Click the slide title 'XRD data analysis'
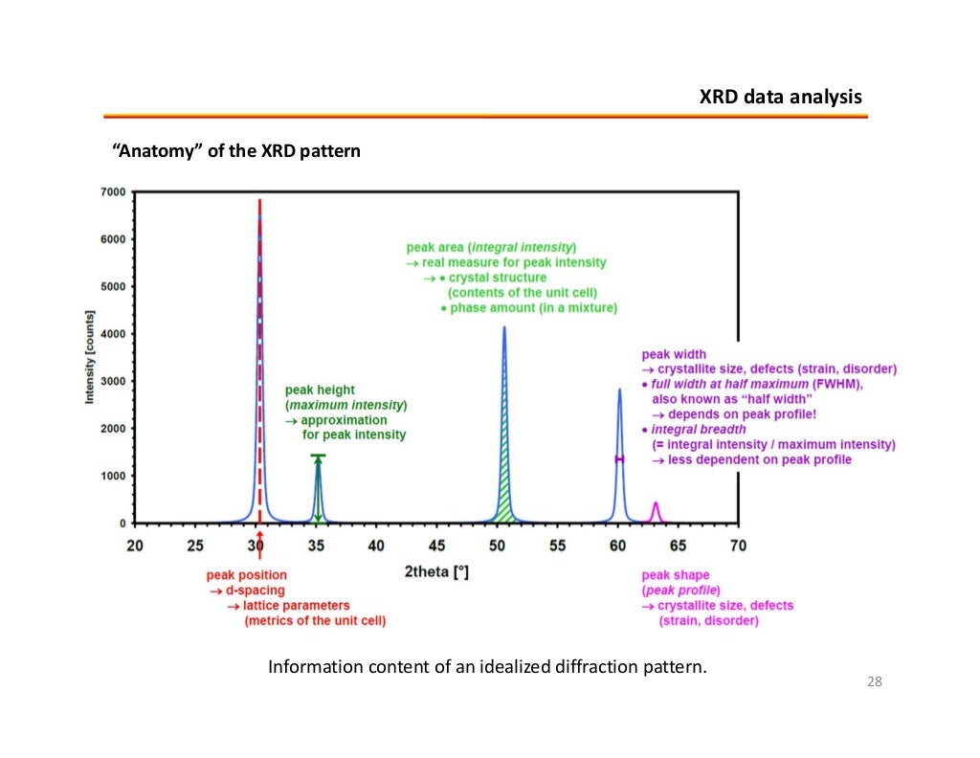pos(780,98)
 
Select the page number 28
pos(873,681)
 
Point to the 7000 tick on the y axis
pos(113,192)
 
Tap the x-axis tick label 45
pos(436,545)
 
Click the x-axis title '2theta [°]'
pos(436,572)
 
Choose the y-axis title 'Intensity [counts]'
pos(90,356)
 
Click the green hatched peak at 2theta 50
pos(504,498)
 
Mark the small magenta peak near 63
pos(656,512)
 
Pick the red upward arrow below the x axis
pos(259,548)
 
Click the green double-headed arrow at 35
pos(319,489)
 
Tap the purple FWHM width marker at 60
pos(619,459)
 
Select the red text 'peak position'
pos(246,575)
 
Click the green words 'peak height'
pos(320,390)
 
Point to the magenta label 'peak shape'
pos(675,575)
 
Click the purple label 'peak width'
pos(674,354)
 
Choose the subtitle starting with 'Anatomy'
pos(236,151)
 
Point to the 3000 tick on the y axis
pos(113,382)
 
